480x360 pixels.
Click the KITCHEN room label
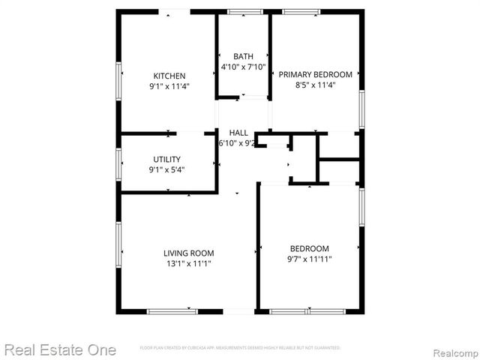point(169,76)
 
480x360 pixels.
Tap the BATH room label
point(243,56)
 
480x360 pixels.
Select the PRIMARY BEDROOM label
point(315,74)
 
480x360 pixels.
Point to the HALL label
point(238,133)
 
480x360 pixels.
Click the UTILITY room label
point(166,160)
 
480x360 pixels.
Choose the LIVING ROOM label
point(189,253)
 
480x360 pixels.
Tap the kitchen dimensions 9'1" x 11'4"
point(169,85)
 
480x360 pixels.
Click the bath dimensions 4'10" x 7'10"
point(243,66)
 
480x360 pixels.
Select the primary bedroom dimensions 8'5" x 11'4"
point(315,85)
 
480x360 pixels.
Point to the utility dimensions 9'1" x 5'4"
point(166,169)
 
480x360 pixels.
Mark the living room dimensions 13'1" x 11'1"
point(189,263)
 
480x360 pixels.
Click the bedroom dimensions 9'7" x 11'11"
point(309,259)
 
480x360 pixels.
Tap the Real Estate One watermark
point(60,349)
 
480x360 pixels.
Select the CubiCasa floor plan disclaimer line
point(240,348)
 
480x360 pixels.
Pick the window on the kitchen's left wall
point(118,79)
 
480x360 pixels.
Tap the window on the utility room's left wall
point(118,162)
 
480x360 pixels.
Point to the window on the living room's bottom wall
point(172,311)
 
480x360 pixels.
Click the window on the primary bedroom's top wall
point(301,11)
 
